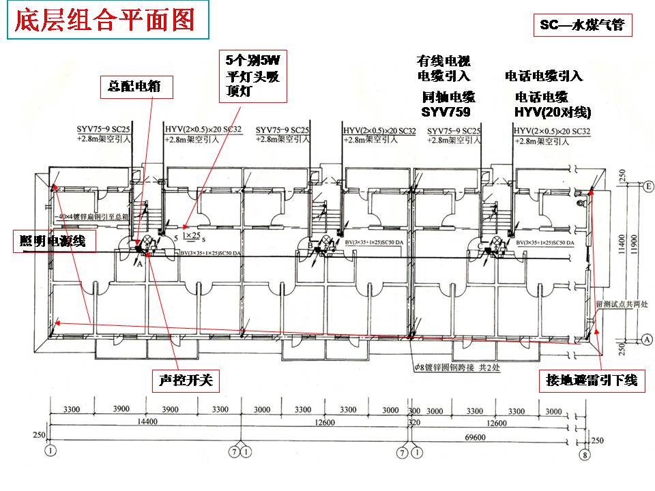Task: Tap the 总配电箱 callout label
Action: [x=136, y=87]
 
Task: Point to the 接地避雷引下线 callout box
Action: [x=591, y=380]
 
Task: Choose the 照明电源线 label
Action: [x=53, y=240]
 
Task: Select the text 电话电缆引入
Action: [x=544, y=76]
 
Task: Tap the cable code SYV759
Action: [x=446, y=112]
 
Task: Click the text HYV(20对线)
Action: [x=553, y=112]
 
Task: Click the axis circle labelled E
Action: [x=649, y=185]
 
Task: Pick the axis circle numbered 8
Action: [x=583, y=455]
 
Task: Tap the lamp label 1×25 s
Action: [x=193, y=236]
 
